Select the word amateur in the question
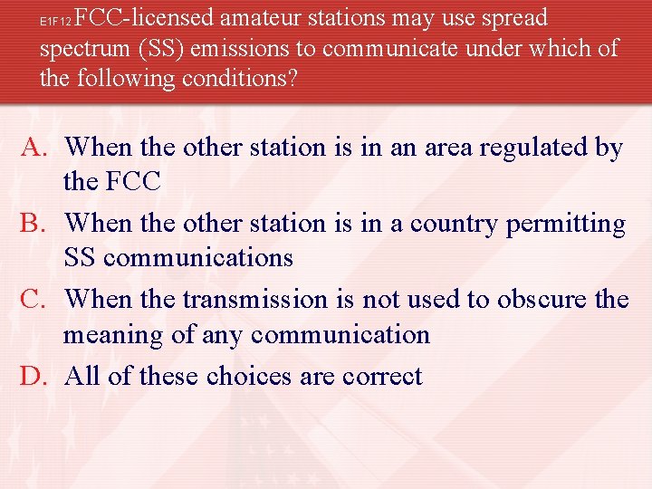click(271, 17)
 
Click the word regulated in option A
click(520, 148)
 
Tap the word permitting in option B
click(575, 224)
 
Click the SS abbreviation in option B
click(80, 258)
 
